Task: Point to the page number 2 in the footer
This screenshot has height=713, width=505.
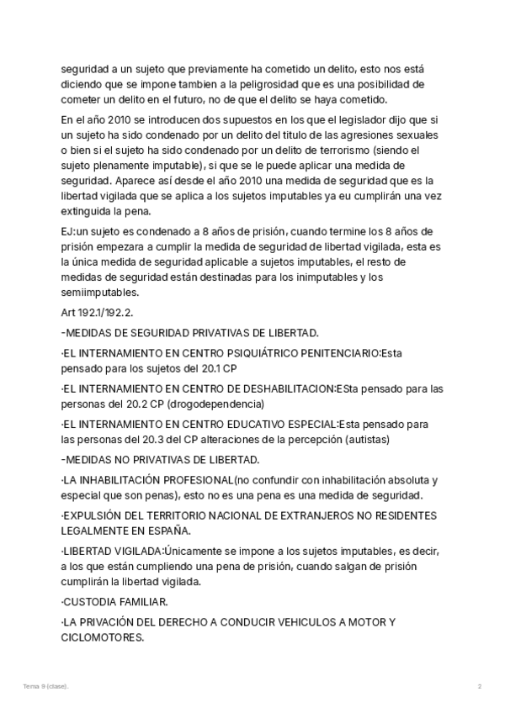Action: click(479, 687)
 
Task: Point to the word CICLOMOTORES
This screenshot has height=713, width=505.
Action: click(102, 637)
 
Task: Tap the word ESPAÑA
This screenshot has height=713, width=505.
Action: click(165, 530)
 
